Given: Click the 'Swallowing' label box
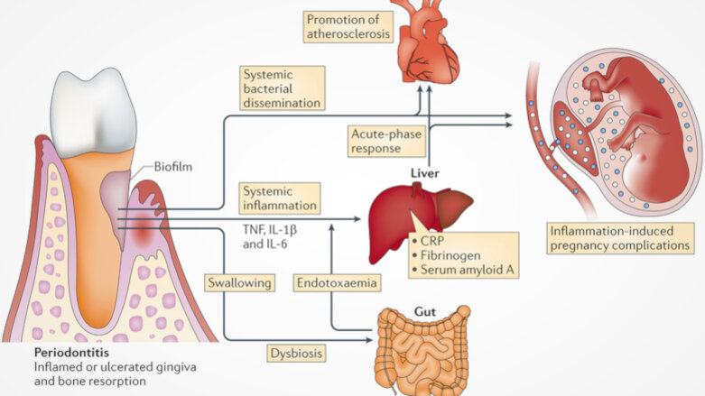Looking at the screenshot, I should coord(239,283).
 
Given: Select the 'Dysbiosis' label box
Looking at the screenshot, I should coord(294,353).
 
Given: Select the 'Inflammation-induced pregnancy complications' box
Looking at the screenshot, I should coord(623,237).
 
